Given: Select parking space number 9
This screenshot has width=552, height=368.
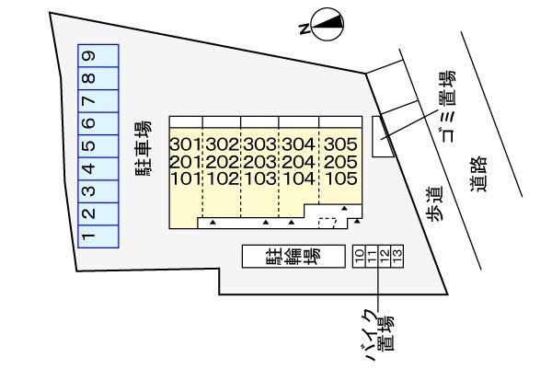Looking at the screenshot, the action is click(98, 55).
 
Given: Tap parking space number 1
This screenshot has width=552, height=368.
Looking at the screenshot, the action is click(98, 236).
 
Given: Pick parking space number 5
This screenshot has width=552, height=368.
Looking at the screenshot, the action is click(98, 146).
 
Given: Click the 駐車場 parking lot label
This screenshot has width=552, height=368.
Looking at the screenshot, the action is click(144, 148).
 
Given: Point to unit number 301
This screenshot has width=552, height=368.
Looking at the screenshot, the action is click(186, 144).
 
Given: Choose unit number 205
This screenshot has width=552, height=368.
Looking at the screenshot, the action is click(340, 162).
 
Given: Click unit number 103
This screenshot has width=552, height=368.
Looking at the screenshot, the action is click(260, 178).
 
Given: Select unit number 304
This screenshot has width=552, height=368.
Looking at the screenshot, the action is click(298, 144).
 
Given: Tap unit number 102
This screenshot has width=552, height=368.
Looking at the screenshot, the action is click(222, 178).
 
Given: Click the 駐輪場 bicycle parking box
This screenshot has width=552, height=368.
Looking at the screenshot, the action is click(293, 257).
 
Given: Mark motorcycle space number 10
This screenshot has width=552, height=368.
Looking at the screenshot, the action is click(360, 257).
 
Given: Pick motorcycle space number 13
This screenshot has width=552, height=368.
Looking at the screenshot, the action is click(397, 257).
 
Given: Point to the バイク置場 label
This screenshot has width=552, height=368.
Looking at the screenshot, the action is click(379, 334).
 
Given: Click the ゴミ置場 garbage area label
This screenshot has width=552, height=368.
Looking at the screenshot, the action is click(447, 107).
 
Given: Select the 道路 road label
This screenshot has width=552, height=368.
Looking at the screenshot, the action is click(478, 174).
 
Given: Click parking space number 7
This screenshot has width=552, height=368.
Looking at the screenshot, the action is click(98, 101).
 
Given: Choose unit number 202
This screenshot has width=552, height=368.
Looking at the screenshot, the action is click(222, 162).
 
